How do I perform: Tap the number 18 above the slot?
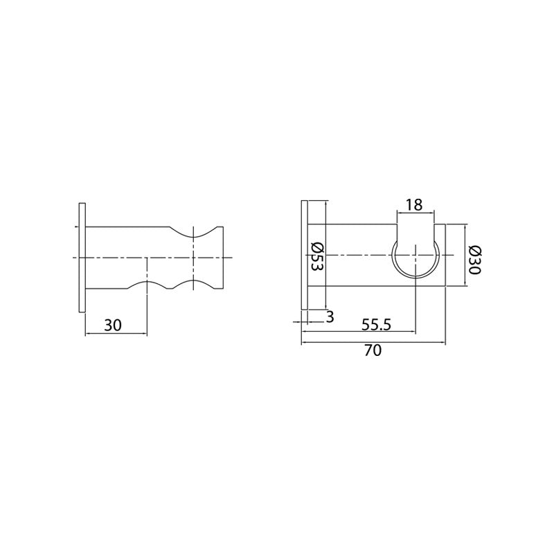(x=413, y=205)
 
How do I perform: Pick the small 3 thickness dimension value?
(x=329, y=317)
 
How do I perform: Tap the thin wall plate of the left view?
(x=82, y=257)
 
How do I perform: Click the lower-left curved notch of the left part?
(x=146, y=285)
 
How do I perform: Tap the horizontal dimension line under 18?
(x=415, y=213)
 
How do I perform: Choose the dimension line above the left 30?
(x=116, y=334)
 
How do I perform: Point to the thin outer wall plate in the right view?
(x=303, y=257)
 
